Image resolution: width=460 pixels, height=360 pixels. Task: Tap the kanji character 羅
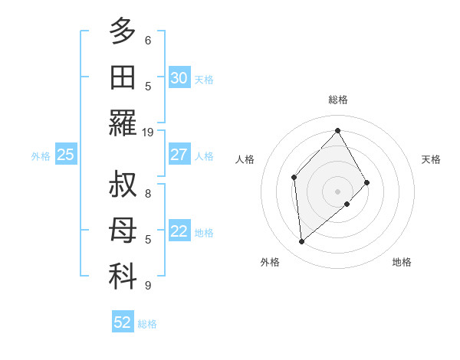click(123, 123)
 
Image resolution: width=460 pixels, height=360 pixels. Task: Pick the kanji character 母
click(123, 231)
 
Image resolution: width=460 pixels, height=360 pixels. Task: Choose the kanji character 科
click(123, 277)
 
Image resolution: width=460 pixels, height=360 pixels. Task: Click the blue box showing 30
click(179, 77)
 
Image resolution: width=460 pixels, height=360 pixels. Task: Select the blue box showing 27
click(179, 155)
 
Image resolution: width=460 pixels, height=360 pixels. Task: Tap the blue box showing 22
click(179, 231)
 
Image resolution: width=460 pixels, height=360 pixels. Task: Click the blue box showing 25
click(65, 155)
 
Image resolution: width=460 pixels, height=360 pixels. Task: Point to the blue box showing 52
click(123, 322)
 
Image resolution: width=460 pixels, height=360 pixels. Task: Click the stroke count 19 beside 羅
click(148, 132)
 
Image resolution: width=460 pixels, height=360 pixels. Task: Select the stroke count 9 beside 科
click(148, 286)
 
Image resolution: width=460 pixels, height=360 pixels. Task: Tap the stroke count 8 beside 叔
click(148, 193)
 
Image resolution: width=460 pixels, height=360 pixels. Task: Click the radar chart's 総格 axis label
click(337, 100)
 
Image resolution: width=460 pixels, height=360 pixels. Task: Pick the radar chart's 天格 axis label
click(431, 159)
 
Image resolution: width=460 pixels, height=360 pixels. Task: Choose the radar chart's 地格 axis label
click(402, 262)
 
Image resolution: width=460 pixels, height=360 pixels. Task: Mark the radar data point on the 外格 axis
click(302, 242)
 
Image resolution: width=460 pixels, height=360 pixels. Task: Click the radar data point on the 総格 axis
click(337, 130)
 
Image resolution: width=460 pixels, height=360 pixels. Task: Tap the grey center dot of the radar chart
click(337, 190)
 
